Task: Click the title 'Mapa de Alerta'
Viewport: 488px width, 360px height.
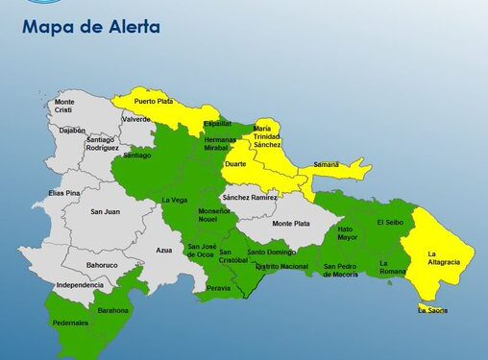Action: (x=90, y=26)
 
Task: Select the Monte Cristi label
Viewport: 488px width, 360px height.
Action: (x=64, y=107)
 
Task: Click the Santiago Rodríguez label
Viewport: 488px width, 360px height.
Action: (x=101, y=143)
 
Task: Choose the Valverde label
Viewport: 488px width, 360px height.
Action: (x=136, y=119)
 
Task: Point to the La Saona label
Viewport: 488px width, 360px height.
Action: (x=433, y=311)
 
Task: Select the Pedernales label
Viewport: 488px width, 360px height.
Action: (x=70, y=323)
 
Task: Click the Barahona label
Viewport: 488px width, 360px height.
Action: (x=113, y=310)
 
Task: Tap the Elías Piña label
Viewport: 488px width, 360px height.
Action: (x=63, y=193)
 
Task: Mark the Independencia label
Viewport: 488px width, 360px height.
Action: (x=79, y=285)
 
